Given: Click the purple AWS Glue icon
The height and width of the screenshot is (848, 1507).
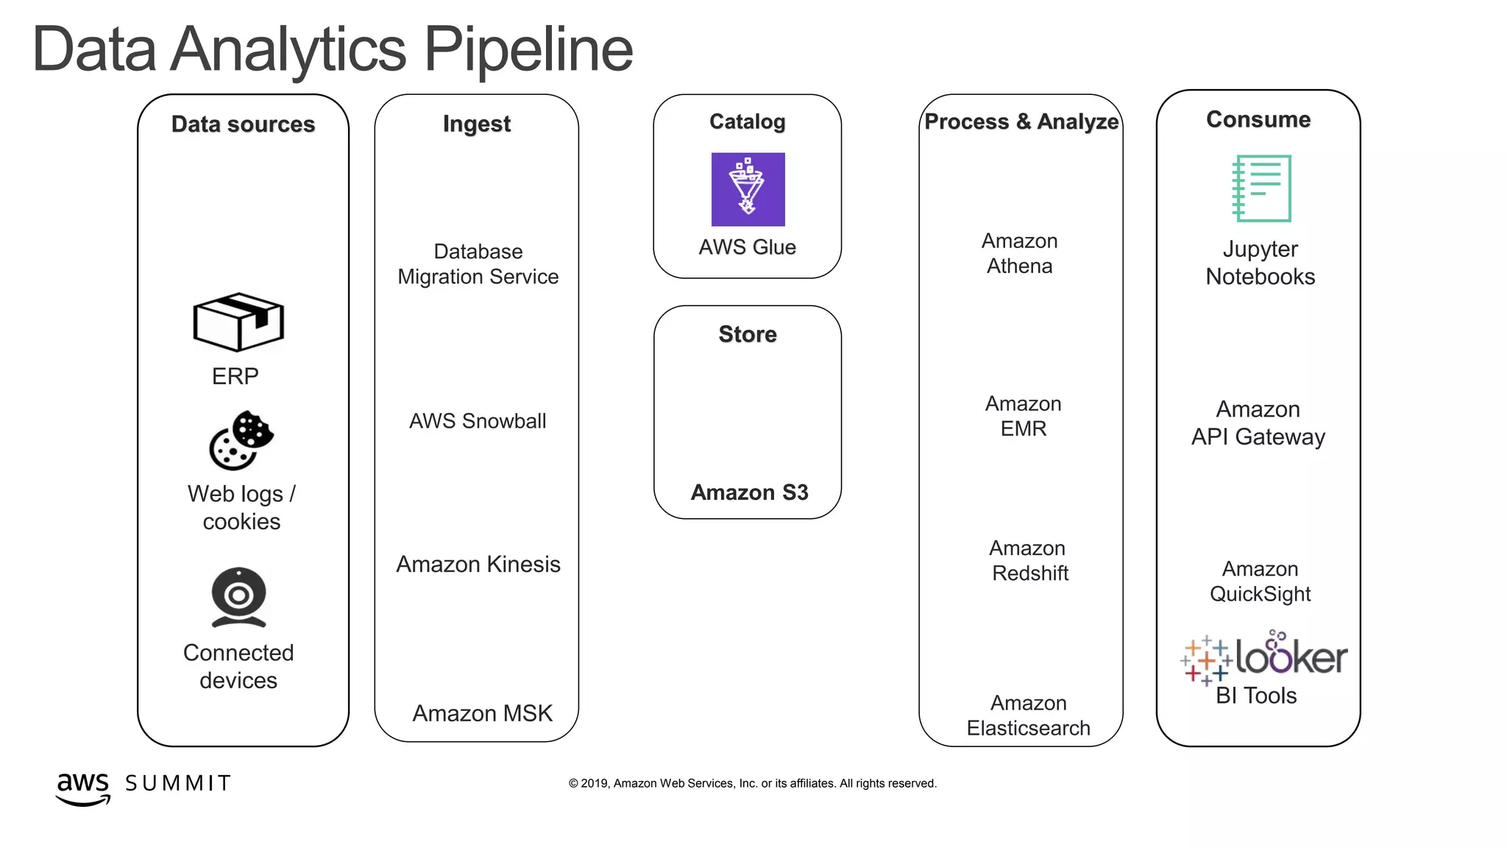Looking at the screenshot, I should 748,189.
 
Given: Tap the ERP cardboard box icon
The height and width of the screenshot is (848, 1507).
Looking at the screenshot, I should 238,322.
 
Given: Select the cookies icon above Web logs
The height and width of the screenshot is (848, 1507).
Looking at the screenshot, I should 241,440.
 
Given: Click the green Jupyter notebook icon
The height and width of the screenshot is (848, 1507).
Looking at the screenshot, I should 1262,188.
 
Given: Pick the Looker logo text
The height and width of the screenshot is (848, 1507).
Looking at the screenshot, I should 1291,655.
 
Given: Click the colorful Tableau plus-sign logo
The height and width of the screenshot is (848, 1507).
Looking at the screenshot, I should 1206,660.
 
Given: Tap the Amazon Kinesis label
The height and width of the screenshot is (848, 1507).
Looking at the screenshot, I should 478,565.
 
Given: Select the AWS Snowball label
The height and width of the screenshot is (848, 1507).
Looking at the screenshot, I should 478,421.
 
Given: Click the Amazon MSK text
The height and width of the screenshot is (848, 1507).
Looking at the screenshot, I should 482,713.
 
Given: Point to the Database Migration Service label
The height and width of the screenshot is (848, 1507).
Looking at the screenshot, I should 478,264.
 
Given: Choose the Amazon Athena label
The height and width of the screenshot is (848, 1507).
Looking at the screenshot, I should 1020,253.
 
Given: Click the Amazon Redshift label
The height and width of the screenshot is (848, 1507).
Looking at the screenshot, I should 1029,561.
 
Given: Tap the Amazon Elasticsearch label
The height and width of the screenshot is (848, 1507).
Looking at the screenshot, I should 1028,715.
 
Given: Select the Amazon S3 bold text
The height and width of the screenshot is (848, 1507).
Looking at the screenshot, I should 749,492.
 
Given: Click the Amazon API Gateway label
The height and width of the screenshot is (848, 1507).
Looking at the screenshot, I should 1258,423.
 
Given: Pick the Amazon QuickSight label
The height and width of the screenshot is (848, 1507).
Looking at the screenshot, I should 1260,582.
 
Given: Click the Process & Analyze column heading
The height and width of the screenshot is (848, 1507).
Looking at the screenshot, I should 1021,122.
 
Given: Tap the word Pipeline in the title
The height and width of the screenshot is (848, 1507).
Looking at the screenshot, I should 528,50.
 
